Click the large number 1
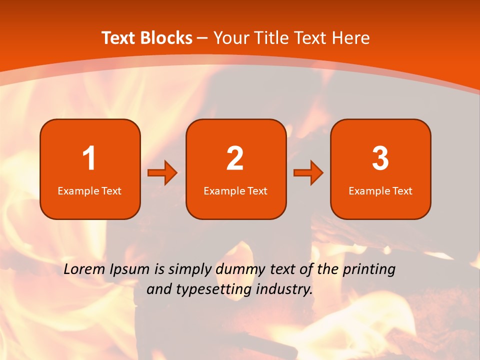coord(89,158)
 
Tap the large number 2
coord(235,158)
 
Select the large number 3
coord(380,158)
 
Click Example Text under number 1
coord(89,190)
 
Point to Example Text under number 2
coord(235,190)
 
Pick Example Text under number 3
coord(380,190)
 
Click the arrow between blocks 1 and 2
coord(162,173)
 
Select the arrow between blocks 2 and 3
coord(308,173)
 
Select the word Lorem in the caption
coord(83,269)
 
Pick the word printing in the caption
coord(368,270)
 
